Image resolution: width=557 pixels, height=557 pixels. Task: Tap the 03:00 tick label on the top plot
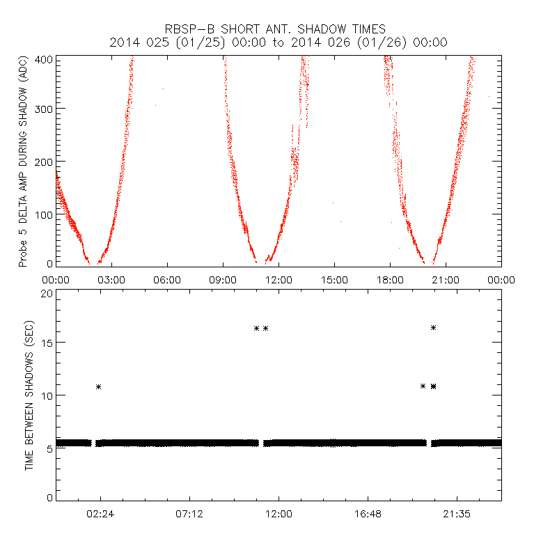(111, 280)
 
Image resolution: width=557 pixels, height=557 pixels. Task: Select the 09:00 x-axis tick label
(223, 280)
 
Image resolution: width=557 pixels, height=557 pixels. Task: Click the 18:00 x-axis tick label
(390, 280)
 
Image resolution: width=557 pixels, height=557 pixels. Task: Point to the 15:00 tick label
(334, 280)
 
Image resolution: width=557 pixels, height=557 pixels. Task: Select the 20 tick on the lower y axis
(47, 294)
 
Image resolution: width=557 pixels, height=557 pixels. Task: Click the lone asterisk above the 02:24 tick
(99, 386)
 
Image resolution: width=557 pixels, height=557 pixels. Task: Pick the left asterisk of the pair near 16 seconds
(256, 328)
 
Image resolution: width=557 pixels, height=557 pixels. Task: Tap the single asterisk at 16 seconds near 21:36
(433, 327)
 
